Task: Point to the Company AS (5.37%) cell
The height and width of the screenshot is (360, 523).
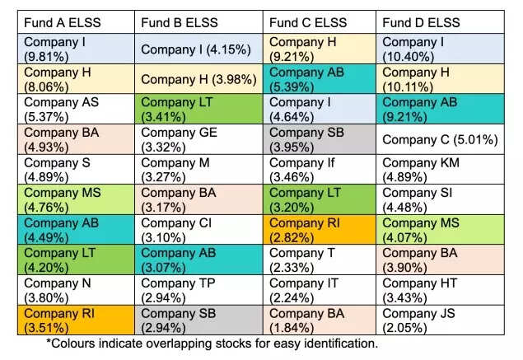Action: click(x=77, y=110)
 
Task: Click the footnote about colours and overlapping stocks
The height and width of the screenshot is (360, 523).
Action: click(x=212, y=343)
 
